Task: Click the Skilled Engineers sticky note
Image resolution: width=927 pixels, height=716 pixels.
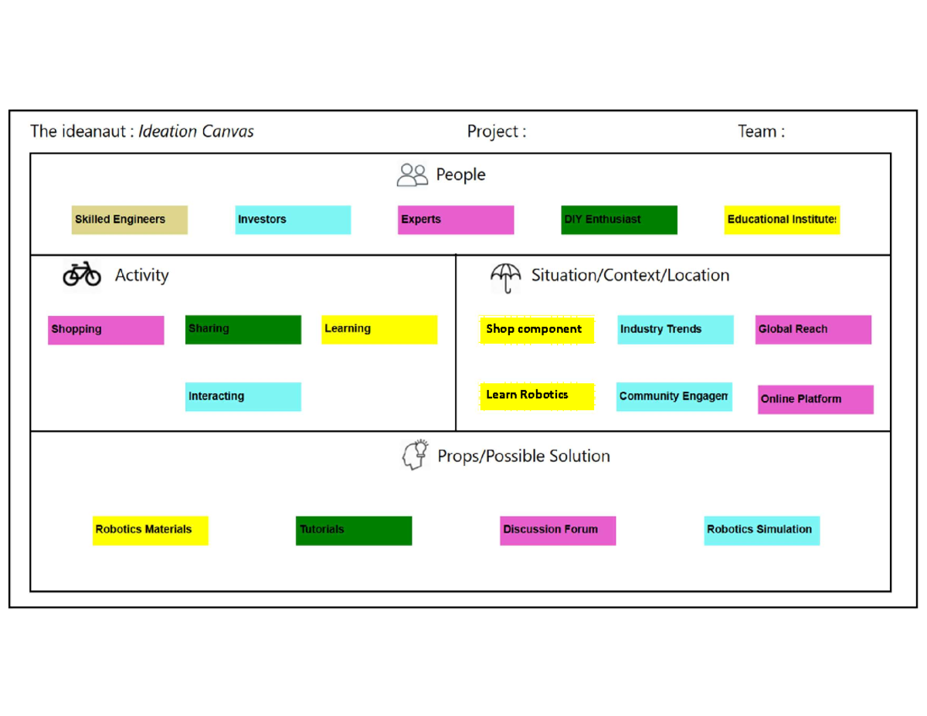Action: pyautogui.click(x=129, y=220)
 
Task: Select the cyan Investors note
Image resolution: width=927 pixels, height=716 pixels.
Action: pyautogui.click(x=293, y=220)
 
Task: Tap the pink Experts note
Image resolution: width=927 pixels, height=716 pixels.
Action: pyautogui.click(x=456, y=220)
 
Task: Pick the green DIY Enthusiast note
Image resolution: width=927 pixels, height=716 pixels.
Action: pyautogui.click(x=620, y=220)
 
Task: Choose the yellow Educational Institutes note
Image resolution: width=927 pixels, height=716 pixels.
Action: pyautogui.click(x=782, y=220)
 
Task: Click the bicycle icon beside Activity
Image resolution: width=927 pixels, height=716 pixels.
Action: pyautogui.click(x=82, y=274)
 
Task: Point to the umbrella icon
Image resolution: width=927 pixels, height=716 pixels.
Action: pyautogui.click(x=506, y=277)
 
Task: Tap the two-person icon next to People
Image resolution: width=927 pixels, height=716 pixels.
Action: pyautogui.click(x=413, y=175)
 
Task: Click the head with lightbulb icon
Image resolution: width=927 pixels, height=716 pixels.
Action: pyautogui.click(x=415, y=455)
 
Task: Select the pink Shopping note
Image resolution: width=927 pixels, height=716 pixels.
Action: pyautogui.click(x=106, y=330)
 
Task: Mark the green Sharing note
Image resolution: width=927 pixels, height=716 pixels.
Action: pyautogui.click(x=243, y=330)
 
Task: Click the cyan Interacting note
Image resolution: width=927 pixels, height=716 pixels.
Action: pyautogui.click(x=243, y=396)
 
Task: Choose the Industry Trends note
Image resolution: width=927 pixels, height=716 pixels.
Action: pyautogui.click(x=675, y=330)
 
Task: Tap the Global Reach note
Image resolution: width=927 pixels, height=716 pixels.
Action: pyautogui.click(x=813, y=330)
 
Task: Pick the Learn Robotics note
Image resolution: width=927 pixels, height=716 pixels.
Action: pyautogui.click(x=537, y=396)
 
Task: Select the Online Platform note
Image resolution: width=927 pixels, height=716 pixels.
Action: pyautogui.click(x=816, y=399)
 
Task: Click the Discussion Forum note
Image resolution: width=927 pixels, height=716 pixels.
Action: pyautogui.click(x=558, y=531)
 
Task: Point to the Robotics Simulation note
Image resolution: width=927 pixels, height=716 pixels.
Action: pyautogui.click(x=762, y=531)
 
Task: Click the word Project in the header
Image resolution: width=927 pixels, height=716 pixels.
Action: pyautogui.click(x=492, y=132)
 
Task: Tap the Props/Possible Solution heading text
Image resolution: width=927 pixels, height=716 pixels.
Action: pyautogui.click(x=524, y=456)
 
